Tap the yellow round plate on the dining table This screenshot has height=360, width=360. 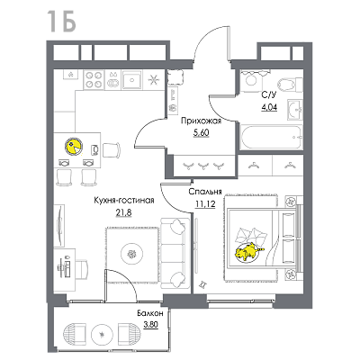[x=73, y=146]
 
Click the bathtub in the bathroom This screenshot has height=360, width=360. [x=271, y=137]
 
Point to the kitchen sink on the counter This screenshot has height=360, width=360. [x=131, y=80]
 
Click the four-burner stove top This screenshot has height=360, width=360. [x=94, y=80]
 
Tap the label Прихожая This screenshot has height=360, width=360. [x=201, y=121]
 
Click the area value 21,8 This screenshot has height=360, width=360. [x=123, y=212]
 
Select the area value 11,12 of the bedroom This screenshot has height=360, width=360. [x=205, y=204]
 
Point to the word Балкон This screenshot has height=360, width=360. [x=150, y=314]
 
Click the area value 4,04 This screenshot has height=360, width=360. [x=269, y=107]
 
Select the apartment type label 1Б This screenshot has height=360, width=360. [x=61, y=21]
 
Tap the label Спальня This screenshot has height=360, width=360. [x=205, y=192]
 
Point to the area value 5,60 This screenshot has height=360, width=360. [x=201, y=133]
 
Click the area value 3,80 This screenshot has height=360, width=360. [x=150, y=324]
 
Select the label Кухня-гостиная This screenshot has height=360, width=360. [x=124, y=201]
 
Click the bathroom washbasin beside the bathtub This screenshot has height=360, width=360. [x=295, y=110]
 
